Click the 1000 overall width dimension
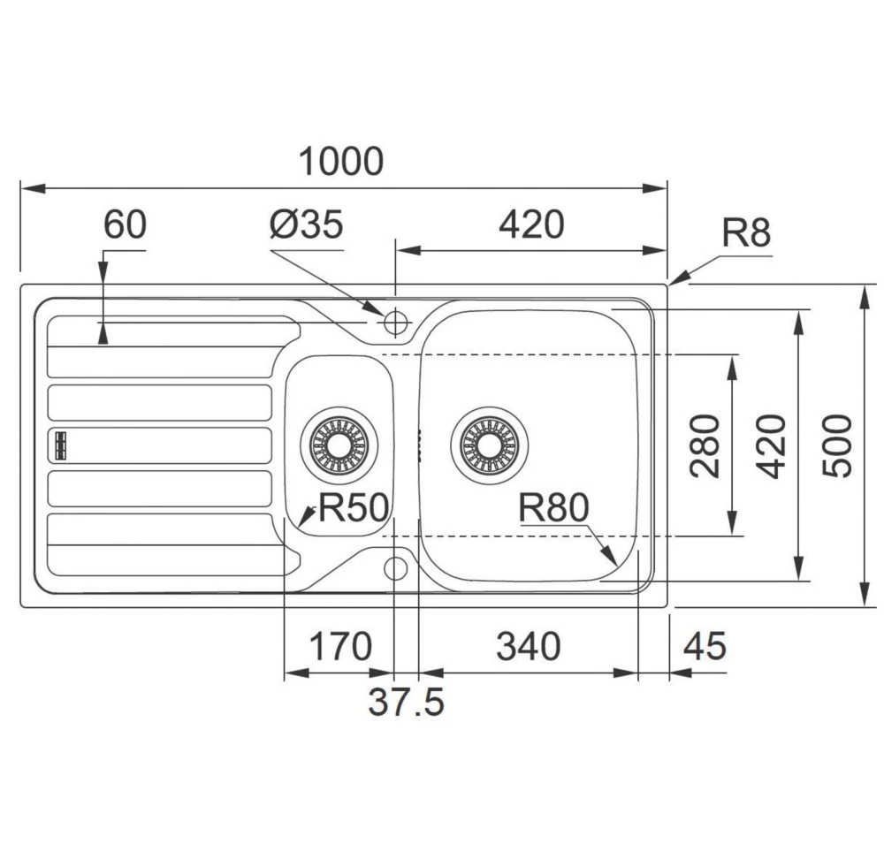coord(341,162)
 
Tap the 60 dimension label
coord(124,225)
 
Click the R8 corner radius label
coord(746,234)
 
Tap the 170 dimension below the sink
coord(339,648)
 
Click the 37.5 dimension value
coord(406,703)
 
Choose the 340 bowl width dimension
coord(528,648)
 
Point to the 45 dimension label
coord(705,648)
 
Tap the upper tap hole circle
coord(394,321)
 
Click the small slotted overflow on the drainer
coord(60,445)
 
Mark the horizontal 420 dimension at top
coord(530,226)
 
